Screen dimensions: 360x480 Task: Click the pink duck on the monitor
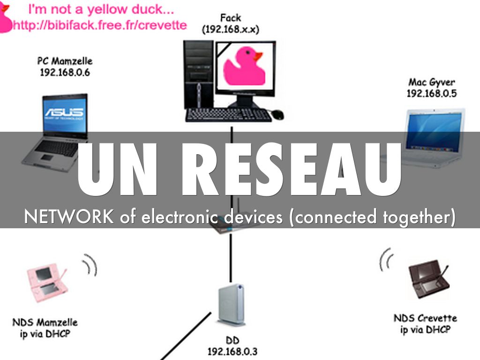coord(242,67)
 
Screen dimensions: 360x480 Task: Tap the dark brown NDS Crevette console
coord(427,279)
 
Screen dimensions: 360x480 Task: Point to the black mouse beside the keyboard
coord(277,114)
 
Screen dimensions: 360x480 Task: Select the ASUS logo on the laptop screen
coord(64,112)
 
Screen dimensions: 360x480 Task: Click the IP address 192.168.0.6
coord(65,73)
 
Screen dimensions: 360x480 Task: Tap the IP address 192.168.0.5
coord(431,93)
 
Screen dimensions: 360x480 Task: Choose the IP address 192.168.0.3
coord(232,351)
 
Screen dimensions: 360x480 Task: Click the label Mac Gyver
coord(432,82)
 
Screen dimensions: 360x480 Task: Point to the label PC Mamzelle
coord(65,61)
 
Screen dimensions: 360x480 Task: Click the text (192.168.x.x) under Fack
coord(231,29)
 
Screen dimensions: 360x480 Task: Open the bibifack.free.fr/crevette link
coord(100,24)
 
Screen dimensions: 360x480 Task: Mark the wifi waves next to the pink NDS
coord(90,266)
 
